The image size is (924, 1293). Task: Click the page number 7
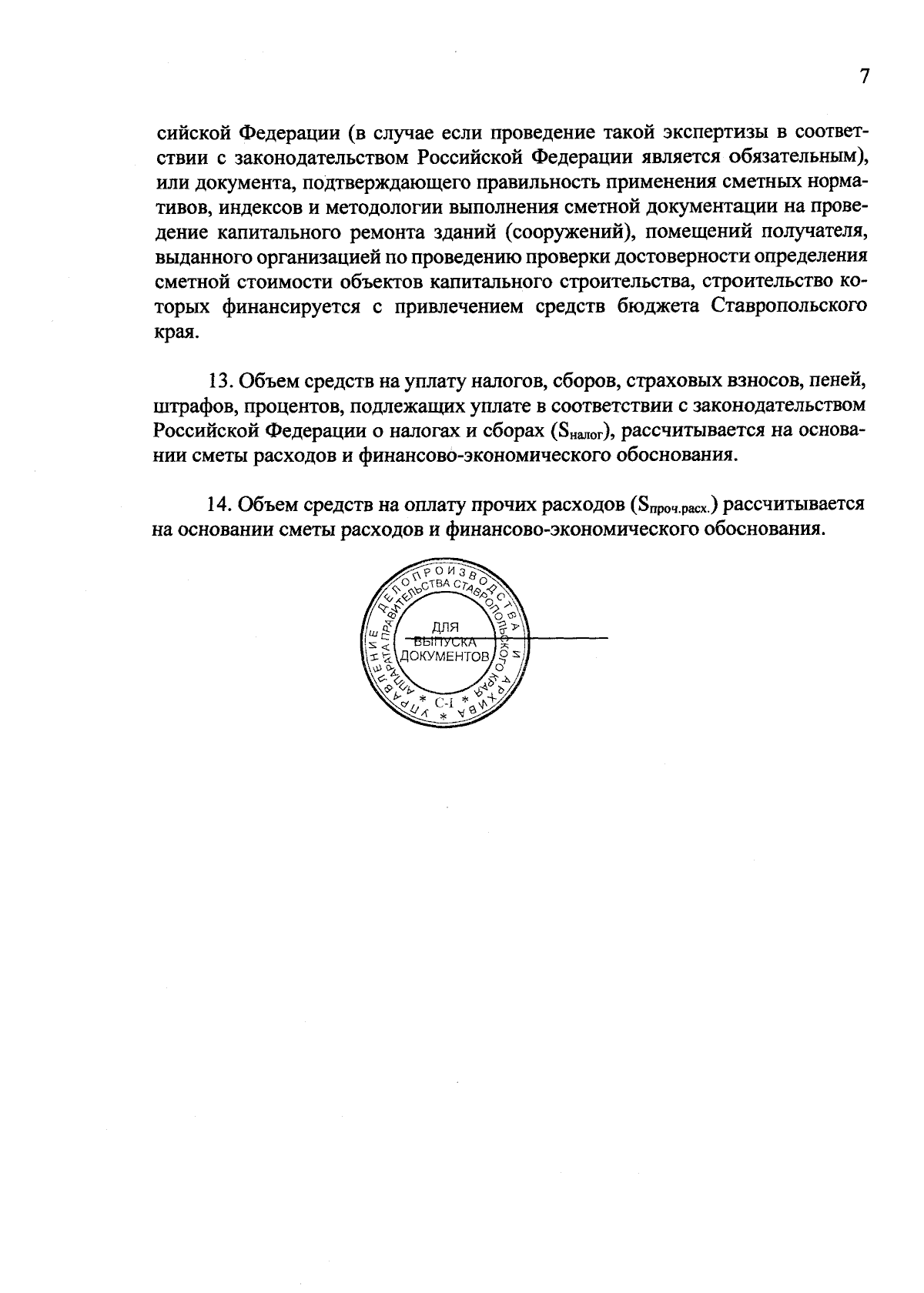(864, 77)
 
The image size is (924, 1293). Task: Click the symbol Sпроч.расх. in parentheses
(673, 506)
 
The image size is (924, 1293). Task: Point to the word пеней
(842, 381)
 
